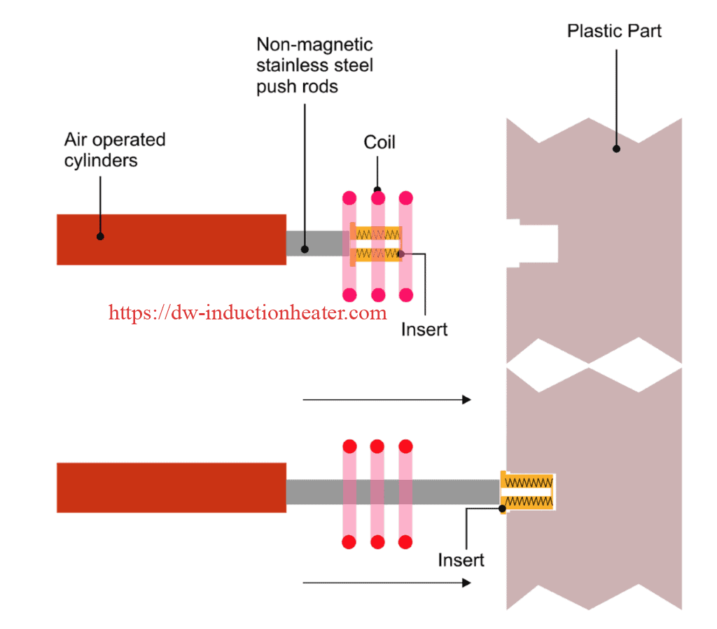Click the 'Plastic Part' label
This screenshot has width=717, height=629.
(614, 31)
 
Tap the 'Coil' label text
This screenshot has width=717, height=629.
(380, 142)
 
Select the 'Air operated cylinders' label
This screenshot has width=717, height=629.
(115, 150)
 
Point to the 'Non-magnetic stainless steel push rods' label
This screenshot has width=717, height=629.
(314, 66)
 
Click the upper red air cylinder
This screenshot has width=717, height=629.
(171, 240)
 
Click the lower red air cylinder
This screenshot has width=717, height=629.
(171, 488)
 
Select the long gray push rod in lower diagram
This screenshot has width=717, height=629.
(392, 492)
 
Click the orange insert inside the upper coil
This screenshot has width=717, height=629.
(377, 243)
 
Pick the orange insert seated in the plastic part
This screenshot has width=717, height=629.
(528, 492)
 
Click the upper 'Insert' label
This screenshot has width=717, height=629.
(424, 329)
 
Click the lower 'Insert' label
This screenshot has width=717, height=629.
(461, 560)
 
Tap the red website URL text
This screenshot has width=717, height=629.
(248, 312)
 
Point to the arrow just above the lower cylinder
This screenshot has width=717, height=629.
(386, 400)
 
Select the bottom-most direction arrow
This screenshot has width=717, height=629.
(386, 582)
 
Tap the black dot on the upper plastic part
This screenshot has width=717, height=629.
(616, 148)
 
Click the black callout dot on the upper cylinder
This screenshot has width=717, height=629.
(100, 236)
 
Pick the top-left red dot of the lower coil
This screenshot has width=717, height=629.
(349, 446)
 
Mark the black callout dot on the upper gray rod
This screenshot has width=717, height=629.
(305, 249)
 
